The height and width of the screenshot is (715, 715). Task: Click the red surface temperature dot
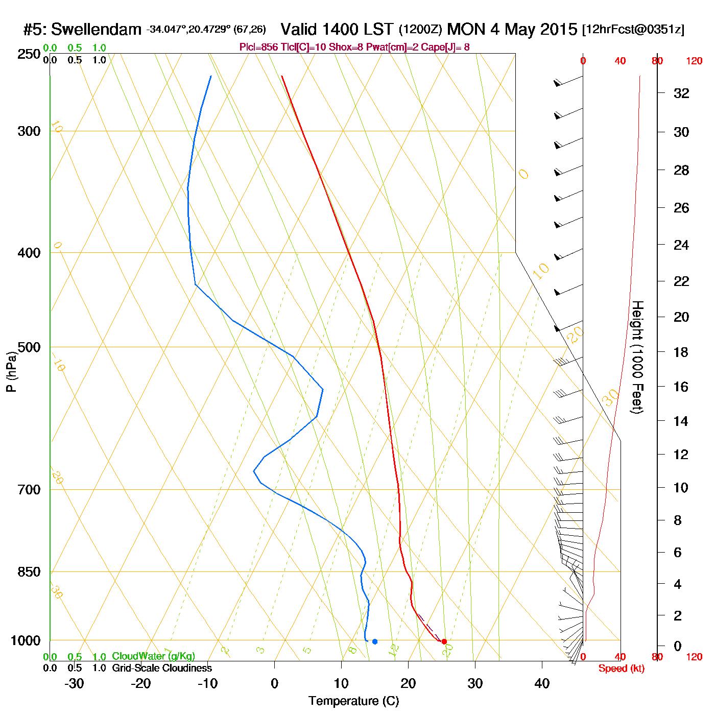(444, 641)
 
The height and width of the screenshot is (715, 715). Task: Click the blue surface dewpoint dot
(375, 641)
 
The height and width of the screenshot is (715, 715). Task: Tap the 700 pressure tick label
(29, 490)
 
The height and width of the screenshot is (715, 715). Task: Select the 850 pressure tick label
(29, 572)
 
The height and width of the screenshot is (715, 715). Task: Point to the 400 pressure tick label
(29, 253)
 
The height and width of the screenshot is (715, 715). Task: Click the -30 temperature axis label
(74, 683)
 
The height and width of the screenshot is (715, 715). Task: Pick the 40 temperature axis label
(542, 683)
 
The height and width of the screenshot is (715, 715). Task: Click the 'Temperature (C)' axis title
(353, 701)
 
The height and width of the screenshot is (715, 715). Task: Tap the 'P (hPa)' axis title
(11, 371)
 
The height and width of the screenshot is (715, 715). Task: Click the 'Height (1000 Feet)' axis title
(637, 357)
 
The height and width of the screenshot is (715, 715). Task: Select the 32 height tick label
(681, 93)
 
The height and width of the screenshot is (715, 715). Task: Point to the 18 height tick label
(681, 352)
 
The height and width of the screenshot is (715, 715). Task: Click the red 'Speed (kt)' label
(621, 669)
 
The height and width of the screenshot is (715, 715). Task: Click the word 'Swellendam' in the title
(97, 30)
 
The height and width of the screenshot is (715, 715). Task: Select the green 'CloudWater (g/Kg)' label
(153, 656)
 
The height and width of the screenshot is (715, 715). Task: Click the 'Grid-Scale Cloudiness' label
(162, 668)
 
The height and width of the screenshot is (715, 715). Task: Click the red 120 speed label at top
(694, 61)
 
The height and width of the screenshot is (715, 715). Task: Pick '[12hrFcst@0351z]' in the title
(633, 30)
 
